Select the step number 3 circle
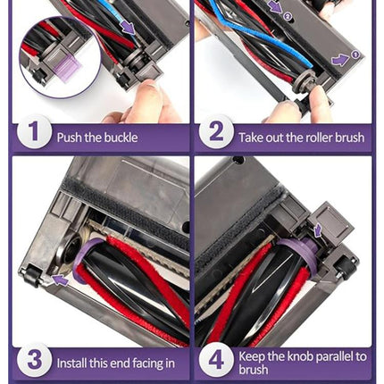coord(35,360)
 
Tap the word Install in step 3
coord(71,363)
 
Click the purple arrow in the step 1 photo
coord(129,28)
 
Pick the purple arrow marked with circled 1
coord(340,60)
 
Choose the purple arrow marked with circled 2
coord(276,8)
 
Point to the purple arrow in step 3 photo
coord(61,280)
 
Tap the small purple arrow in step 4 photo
coord(318,230)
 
